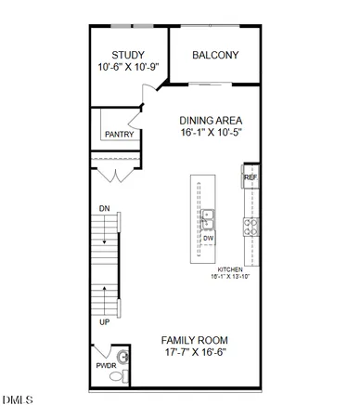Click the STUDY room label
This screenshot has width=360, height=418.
pyautogui.click(x=127, y=55)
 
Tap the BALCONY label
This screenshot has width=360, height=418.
pyautogui.click(x=215, y=55)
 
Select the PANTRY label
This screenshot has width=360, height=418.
pyautogui.click(x=119, y=135)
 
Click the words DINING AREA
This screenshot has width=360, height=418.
pyautogui.click(x=212, y=121)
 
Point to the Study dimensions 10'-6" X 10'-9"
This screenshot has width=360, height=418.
pyautogui.click(x=128, y=69)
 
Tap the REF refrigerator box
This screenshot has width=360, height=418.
pyautogui.click(x=250, y=177)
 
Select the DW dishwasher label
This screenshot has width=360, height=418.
pyautogui.click(x=209, y=238)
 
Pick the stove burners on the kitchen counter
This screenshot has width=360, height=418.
pyautogui.click(x=250, y=223)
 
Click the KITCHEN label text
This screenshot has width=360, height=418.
pyautogui.click(x=230, y=269)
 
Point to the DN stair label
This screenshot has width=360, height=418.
pyautogui.click(x=105, y=209)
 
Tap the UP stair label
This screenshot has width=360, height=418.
pyautogui.click(x=104, y=321)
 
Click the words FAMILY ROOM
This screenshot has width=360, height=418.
pyautogui.click(x=194, y=340)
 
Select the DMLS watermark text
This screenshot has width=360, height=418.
pyautogui.click(x=18, y=400)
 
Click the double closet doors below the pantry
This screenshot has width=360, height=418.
pyautogui.click(x=114, y=175)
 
